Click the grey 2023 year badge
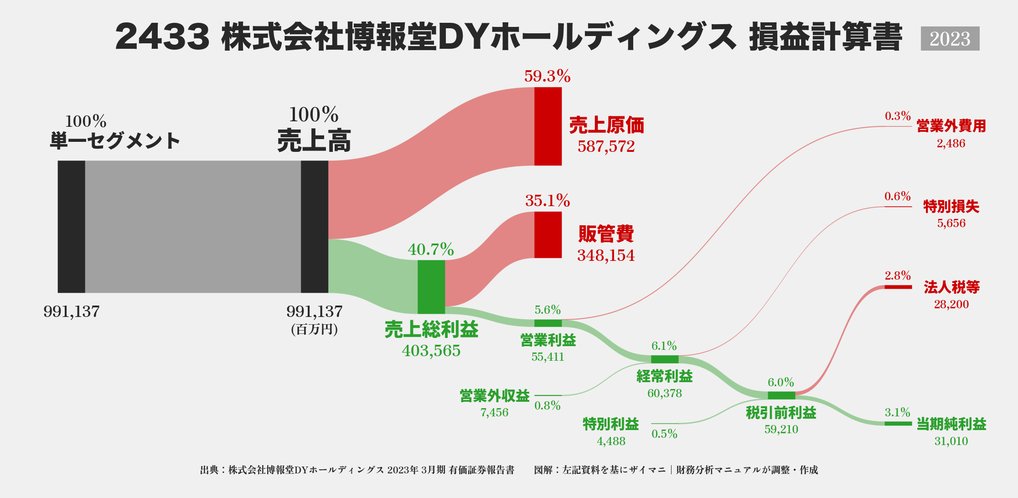[950, 39]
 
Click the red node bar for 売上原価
[548, 126]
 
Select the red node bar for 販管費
[548, 235]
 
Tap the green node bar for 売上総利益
[431, 287]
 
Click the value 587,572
[606, 146]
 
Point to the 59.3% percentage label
[547, 76]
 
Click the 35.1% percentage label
[547, 201]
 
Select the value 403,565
[431, 351]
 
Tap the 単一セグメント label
[115, 140]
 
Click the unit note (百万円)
[315, 329]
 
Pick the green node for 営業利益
[548, 323]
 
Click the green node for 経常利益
[665, 359]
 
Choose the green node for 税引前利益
[781, 395]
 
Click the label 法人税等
[951, 287]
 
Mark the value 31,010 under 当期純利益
[951, 441]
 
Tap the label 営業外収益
[495, 395]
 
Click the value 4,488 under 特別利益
[611, 441]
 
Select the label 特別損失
[951, 207]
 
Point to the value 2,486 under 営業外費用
[951, 144]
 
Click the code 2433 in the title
[162, 37]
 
